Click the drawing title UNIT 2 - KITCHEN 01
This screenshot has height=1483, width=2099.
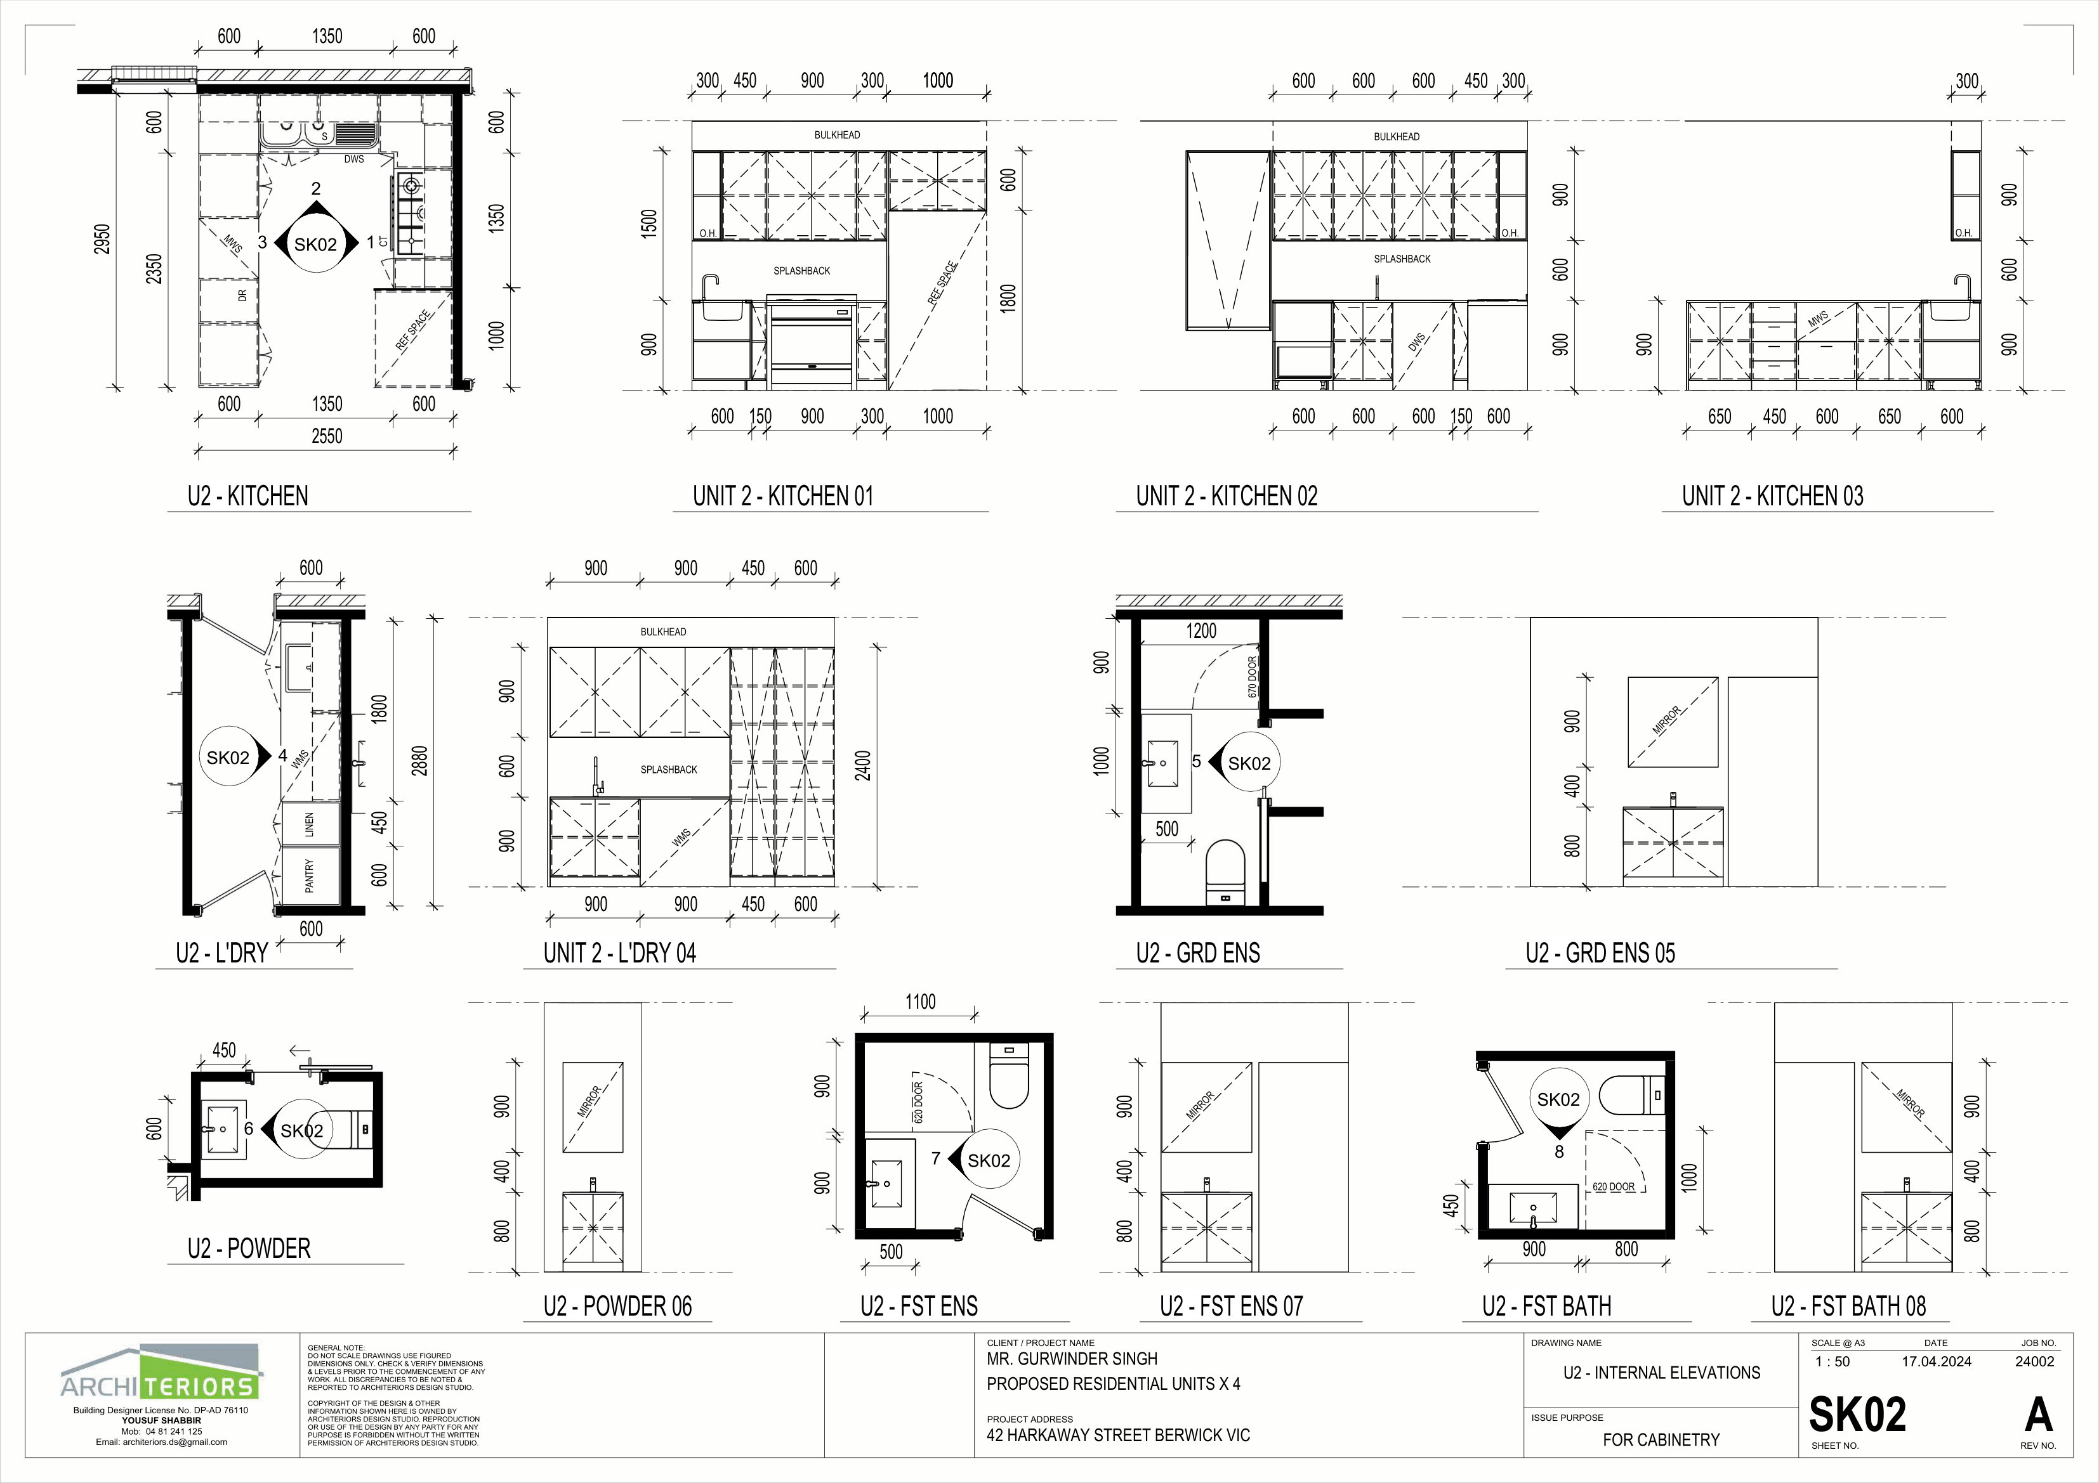coord(782,496)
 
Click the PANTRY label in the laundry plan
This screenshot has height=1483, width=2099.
coord(310,876)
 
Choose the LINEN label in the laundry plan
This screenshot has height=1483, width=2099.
coord(310,824)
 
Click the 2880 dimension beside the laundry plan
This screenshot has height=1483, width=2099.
coord(419,761)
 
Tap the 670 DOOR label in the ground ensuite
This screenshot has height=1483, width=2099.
coord(1253,676)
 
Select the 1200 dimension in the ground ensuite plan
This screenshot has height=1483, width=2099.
coord(1201,630)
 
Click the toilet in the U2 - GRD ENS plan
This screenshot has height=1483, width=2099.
coord(1226,872)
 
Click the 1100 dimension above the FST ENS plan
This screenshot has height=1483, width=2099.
coord(921,1002)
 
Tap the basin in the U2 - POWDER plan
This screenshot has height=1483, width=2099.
coord(222,1129)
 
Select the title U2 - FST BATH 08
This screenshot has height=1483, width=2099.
coord(1848,1307)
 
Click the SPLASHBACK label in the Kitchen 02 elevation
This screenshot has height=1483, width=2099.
coord(1402,259)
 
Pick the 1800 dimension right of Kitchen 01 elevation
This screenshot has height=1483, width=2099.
coord(1008,299)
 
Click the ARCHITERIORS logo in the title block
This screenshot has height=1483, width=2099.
coord(161,1373)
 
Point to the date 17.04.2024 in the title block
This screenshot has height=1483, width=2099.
coord(1937,1361)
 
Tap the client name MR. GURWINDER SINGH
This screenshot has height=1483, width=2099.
coord(1072,1359)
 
